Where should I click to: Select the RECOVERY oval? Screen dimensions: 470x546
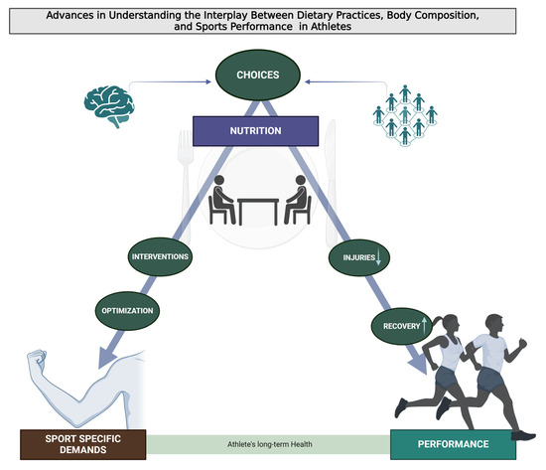tap(398, 323)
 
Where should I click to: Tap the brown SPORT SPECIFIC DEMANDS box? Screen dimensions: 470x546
tap(84, 442)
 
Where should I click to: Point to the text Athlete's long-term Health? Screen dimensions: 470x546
tap(268, 442)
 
